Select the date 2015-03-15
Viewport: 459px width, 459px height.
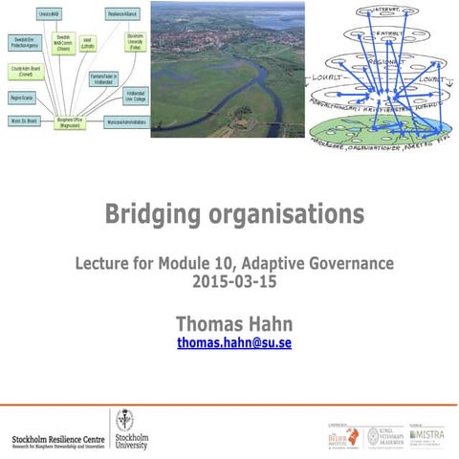(x=234, y=282)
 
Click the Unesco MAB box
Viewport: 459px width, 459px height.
(x=50, y=13)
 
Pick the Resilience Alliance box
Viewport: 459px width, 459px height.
(x=123, y=13)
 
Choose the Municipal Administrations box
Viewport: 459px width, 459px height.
(x=125, y=122)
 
